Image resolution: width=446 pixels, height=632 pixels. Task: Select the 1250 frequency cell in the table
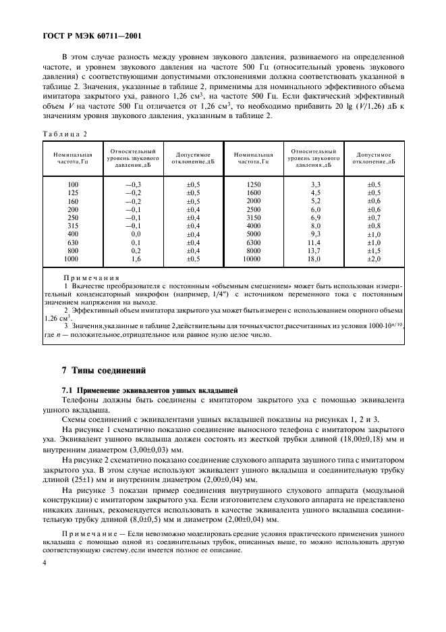pyautogui.click(x=253, y=184)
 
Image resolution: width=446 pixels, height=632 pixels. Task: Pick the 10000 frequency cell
pyautogui.click(x=253, y=259)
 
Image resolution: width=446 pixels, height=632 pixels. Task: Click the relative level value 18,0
pyautogui.click(x=315, y=259)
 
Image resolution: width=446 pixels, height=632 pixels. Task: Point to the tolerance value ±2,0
pyautogui.click(x=373, y=259)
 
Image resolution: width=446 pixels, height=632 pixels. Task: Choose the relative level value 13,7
pyautogui.click(x=315, y=251)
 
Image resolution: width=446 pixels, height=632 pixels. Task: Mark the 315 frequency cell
pyautogui.click(x=73, y=226)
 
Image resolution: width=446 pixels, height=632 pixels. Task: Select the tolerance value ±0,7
pyautogui.click(x=373, y=217)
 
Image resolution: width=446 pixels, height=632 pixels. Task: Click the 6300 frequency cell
pyautogui.click(x=253, y=242)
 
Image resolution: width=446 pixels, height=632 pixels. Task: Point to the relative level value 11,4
pyautogui.click(x=315, y=242)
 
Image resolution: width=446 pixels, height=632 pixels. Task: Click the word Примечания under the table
pyautogui.click(x=91, y=278)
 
